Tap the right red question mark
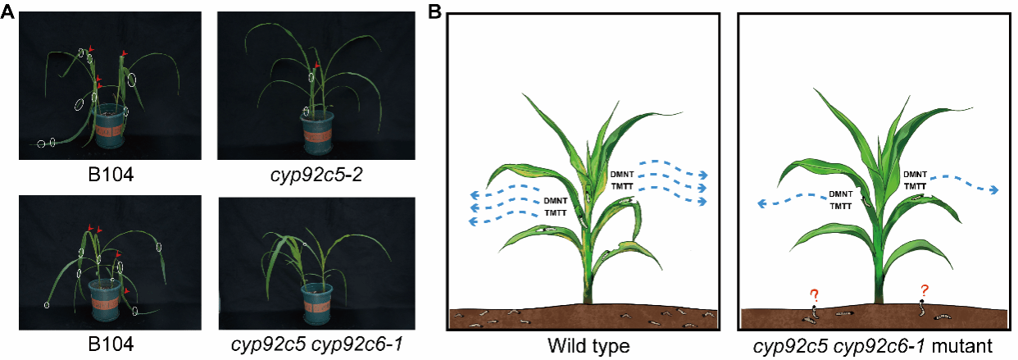tap(925, 290)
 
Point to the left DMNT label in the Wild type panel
tap(557, 201)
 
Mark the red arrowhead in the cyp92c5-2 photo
tap(317, 65)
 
